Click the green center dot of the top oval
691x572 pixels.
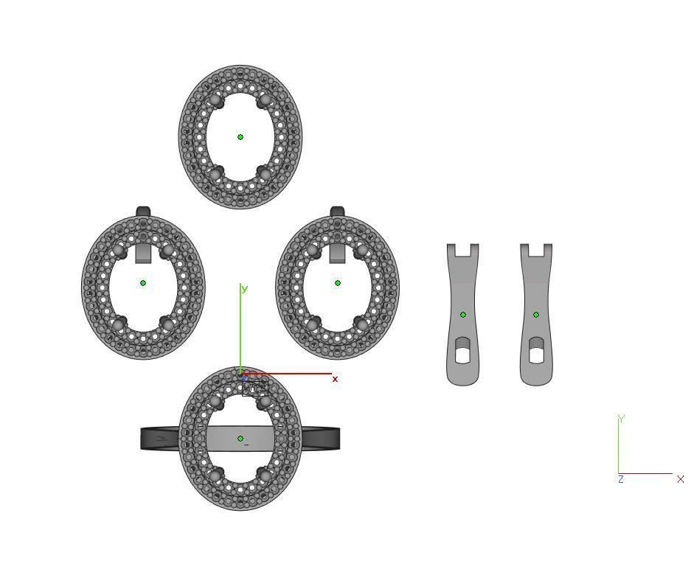click(240, 137)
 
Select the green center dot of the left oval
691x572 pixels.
click(143, 283)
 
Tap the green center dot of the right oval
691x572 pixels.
click(338, 283)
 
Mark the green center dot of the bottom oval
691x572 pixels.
click(240, 439)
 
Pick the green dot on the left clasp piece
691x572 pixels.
click(463, 315)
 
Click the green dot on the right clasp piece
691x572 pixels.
click(536, 315)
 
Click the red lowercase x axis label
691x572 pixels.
click(335, 379)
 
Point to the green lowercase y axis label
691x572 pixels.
click(245, 288)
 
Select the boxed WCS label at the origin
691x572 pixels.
click(254, 388)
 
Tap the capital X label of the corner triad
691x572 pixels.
click(680, 479)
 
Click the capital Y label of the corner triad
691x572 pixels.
click(621, 419)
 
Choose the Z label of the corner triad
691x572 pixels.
click(621, 479)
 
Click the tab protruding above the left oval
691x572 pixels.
click(143, 212)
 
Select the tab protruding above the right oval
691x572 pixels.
click(338, 212)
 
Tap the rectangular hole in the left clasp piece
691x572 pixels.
click(462, 355)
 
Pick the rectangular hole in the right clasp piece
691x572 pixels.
click(536, 355)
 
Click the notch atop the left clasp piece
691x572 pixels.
click(462, 250)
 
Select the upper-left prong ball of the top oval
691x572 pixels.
click(215, 100)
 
